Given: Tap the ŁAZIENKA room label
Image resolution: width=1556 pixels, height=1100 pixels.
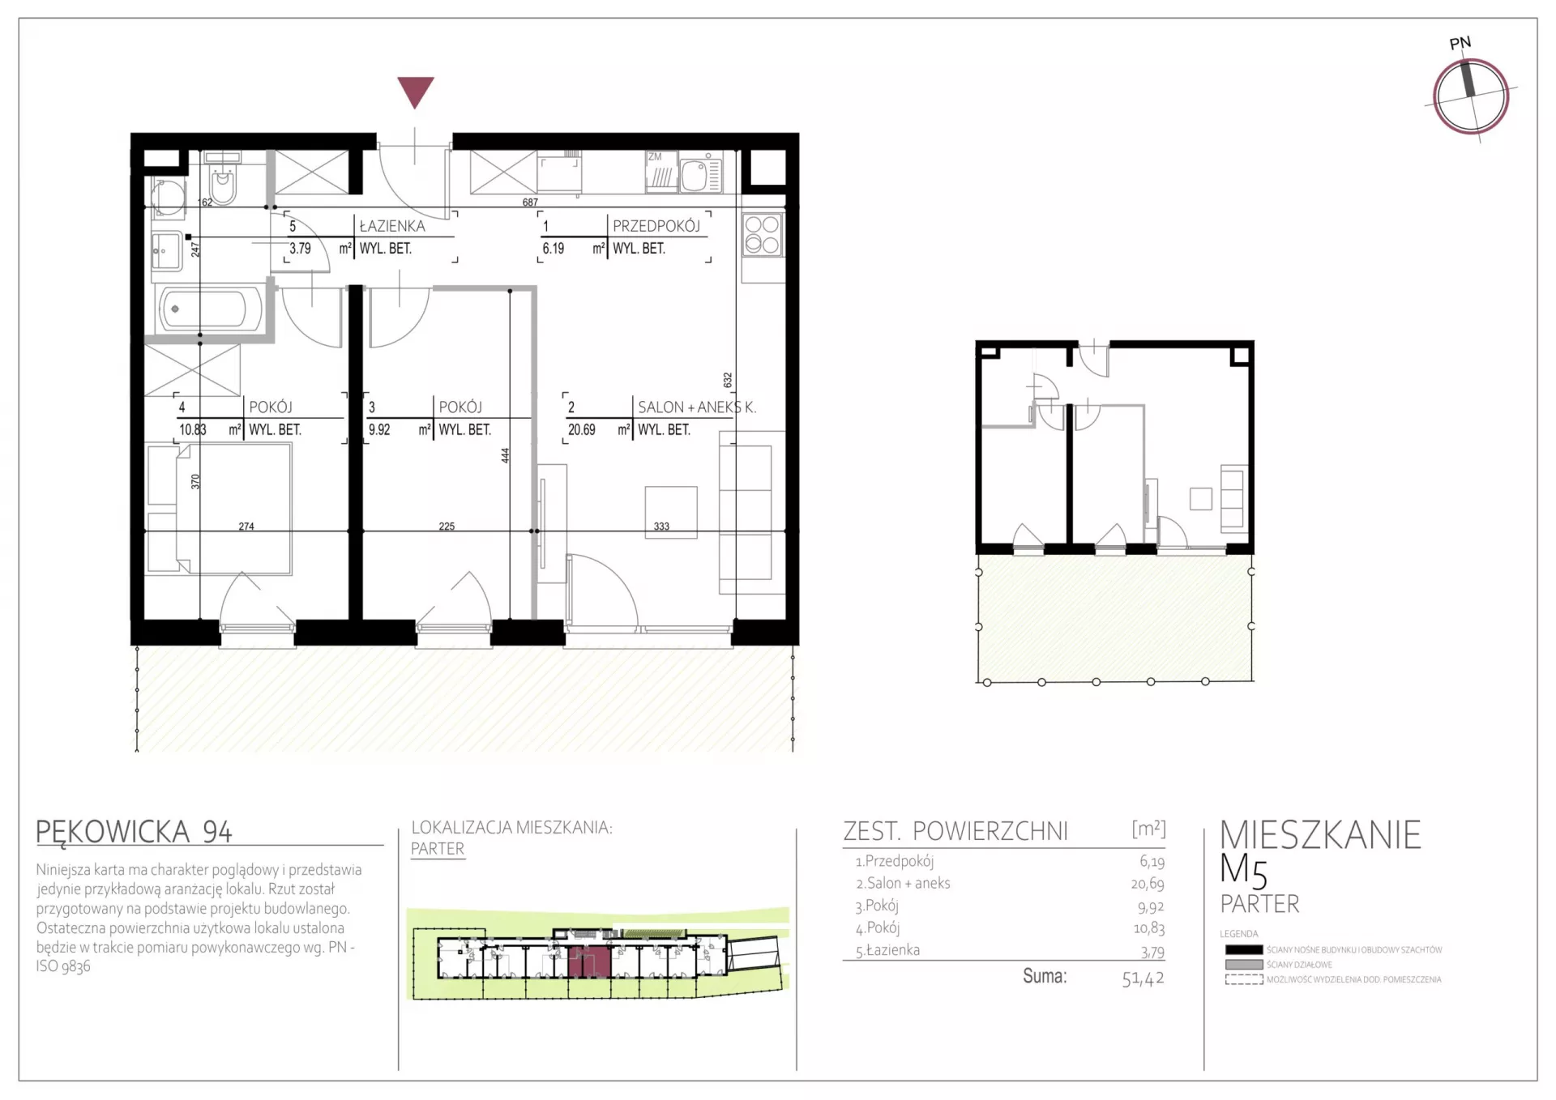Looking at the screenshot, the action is [392, 226].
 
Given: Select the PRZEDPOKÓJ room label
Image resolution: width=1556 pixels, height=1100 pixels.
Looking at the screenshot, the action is [656, 226].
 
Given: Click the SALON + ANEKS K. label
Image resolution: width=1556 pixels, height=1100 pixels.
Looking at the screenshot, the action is [697, 407].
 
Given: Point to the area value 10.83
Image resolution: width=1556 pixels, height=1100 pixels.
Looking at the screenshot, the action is [193, 430].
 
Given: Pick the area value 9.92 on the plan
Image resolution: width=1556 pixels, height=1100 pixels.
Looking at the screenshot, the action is [379, 430].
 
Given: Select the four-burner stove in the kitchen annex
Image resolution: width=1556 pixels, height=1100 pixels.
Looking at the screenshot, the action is [762, 235].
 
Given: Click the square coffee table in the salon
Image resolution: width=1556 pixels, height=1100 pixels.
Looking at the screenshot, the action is [671, 513].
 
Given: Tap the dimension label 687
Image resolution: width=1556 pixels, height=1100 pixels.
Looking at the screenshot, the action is [530, 203].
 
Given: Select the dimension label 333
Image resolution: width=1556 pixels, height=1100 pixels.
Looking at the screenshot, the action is [661, 527].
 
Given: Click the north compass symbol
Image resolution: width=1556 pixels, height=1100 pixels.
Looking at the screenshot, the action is [1470, 96].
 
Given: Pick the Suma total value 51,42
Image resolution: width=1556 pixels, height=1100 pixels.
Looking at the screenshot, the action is [1143, 978].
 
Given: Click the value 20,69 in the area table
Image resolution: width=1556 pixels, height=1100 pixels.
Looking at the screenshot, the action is [1148, 884].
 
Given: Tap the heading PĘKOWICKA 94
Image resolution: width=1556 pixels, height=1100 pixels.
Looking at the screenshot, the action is [135, 831].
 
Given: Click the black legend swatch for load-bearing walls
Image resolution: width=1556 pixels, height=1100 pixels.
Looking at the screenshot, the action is [1244, 950].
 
